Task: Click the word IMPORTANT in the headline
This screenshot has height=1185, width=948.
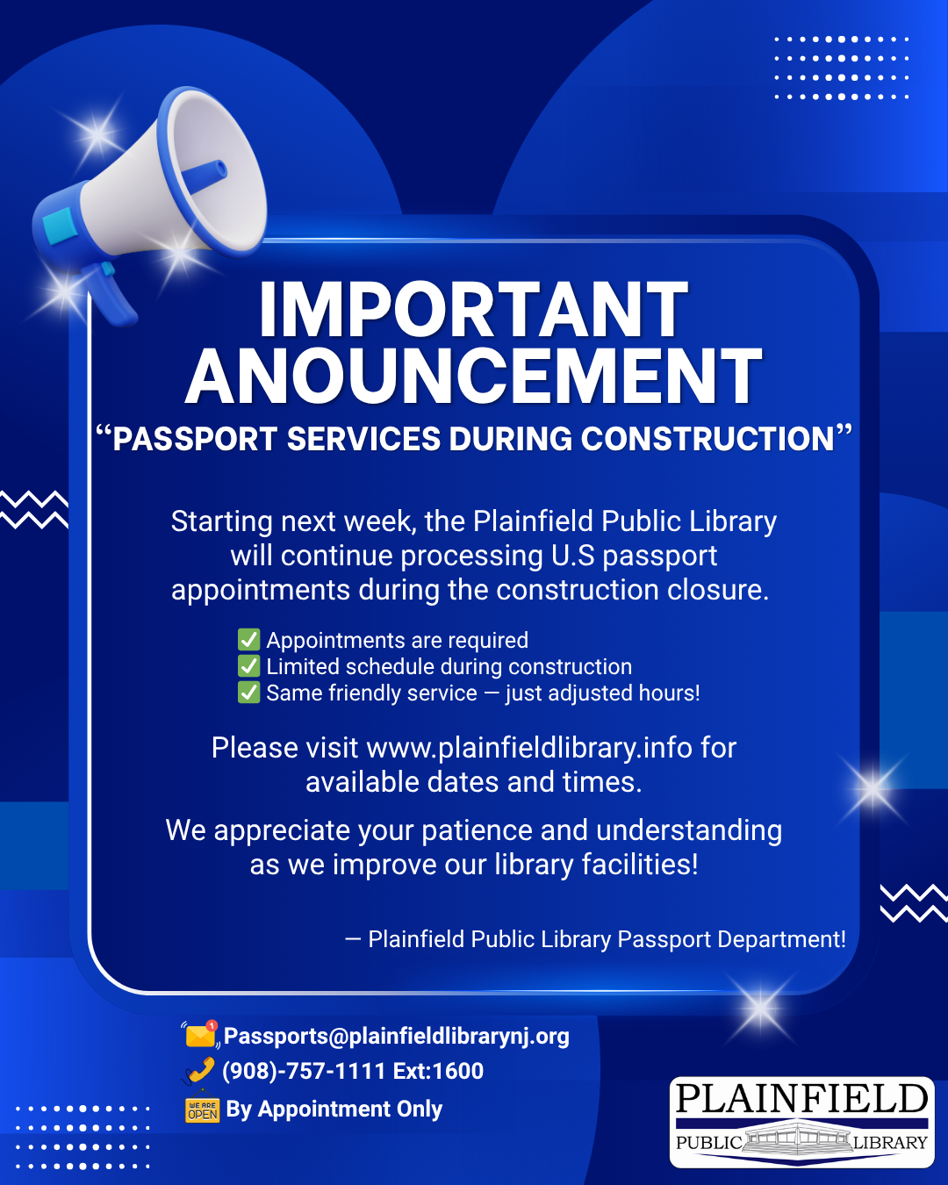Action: click(474, 309)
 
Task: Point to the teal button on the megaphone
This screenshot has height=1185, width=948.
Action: click(59, 225)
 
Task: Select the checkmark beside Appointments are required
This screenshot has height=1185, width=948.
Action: click(248, 640)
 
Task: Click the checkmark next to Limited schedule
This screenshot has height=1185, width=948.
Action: click(248, 666)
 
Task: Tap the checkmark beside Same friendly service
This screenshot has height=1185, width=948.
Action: click(248, 693)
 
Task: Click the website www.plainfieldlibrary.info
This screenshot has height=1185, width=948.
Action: click(528, 749)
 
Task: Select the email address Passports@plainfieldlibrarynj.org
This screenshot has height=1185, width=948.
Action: click(396, 1036)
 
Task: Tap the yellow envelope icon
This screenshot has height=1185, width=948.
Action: click(200, 1035)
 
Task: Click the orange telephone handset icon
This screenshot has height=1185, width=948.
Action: click(200, 1071)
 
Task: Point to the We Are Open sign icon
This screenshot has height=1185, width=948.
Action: click(202, 1108)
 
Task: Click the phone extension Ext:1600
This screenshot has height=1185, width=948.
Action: click(438, 1071)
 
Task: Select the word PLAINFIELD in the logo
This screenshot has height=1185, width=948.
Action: click(801, 1099)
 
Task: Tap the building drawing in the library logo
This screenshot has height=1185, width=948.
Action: click(798, 1141)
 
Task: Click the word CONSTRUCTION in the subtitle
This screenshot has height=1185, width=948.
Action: click(707, 439)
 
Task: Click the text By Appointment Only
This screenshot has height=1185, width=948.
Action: click(334, 1109)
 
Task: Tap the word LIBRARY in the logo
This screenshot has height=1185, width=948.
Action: click(890, 1143)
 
